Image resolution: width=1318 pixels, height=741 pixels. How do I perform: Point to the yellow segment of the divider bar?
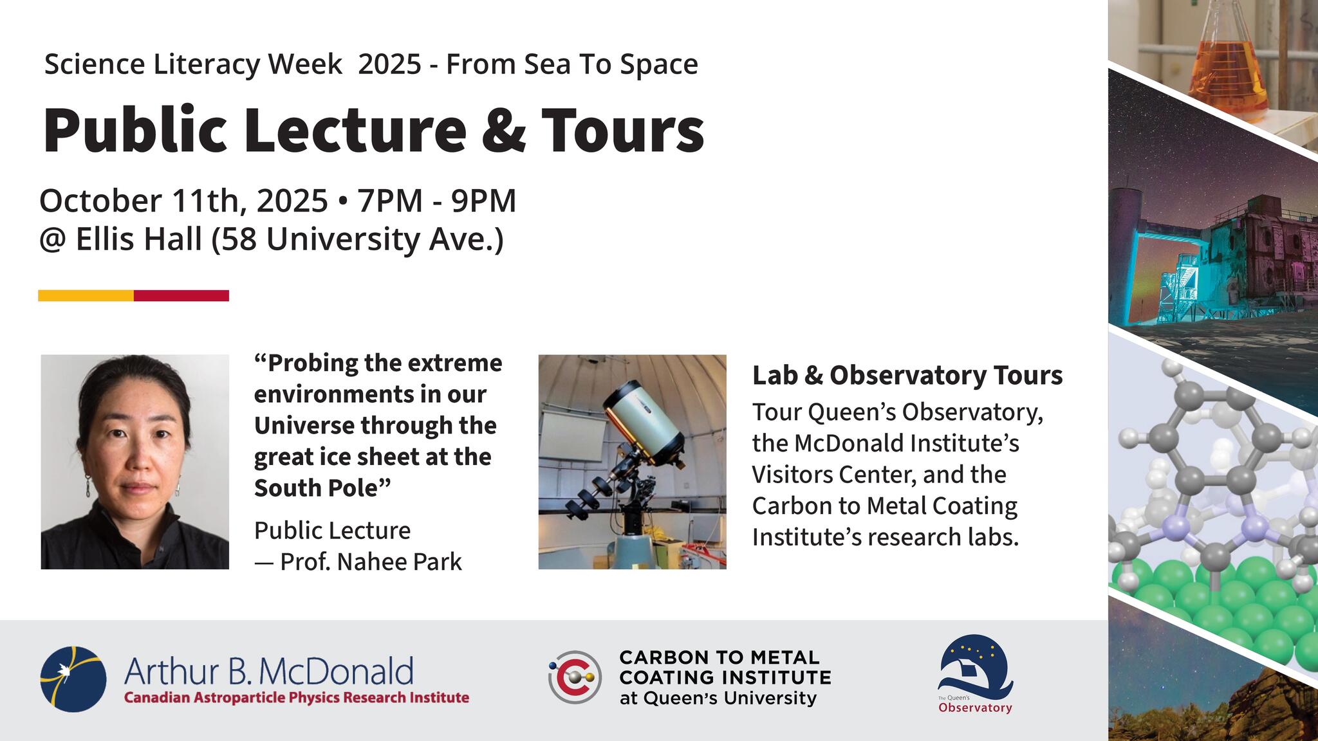[x=86, y=296]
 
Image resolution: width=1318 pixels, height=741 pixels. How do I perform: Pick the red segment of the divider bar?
[x=181, y=296]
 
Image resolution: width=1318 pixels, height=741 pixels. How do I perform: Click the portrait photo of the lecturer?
[x=135, y=462]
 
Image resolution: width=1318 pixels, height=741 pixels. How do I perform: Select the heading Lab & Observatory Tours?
[x=907, y=376]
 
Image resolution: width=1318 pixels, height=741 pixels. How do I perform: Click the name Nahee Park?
[x=400, y=562]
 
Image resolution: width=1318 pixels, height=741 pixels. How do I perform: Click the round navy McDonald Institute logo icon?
[x=73, y=679]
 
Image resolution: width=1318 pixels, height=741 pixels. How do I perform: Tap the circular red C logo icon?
[x=575, y=677]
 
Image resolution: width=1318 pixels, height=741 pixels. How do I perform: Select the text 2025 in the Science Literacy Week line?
[x=389, y=64]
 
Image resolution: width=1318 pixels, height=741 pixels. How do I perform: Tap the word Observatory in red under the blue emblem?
[x=975, y=708]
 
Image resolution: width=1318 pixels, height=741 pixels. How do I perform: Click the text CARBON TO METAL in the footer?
[x=719, y=657]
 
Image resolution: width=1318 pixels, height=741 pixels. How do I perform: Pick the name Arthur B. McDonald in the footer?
[x=268, y=672]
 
